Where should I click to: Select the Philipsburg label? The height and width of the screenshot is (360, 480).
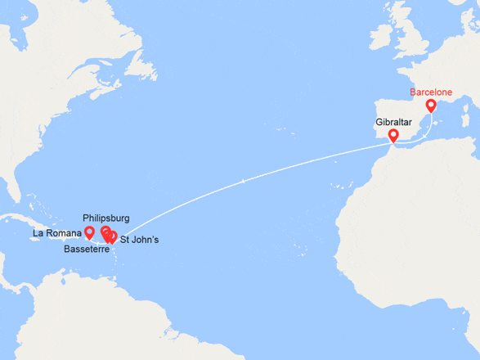coord(107,218)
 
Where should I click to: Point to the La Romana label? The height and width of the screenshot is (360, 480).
coord(57,233)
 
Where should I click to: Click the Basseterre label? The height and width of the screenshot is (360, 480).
coord(87,249)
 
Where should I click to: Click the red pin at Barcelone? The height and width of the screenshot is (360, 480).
coord(431,106)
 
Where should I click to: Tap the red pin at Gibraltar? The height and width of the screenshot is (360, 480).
coord(393,135)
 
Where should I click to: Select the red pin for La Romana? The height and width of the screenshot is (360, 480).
coord(89,233)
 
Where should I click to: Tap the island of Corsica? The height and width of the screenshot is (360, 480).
coord(460,103)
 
